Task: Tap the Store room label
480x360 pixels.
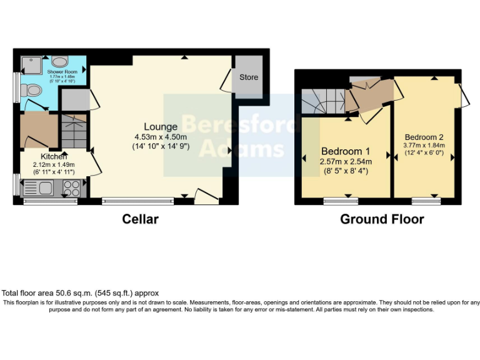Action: (x=248, y=78)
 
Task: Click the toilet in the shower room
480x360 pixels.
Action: (x=31, y=91)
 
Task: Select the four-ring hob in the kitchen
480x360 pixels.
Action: (x=71, y=186)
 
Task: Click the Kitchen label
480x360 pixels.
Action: (x=54, y=156)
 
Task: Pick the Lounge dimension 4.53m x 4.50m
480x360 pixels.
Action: (x=161, y=137)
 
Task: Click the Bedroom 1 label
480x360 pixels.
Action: (x=346, y=151)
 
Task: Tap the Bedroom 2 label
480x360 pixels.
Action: (x=424, y=137)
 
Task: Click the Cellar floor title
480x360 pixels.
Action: (x=140, y=219)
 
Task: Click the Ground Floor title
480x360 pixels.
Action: (x=382, y=219)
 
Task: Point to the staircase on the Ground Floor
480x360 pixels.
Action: (x=321, y=99)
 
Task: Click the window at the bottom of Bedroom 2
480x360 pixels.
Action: (x=426, y=201)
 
